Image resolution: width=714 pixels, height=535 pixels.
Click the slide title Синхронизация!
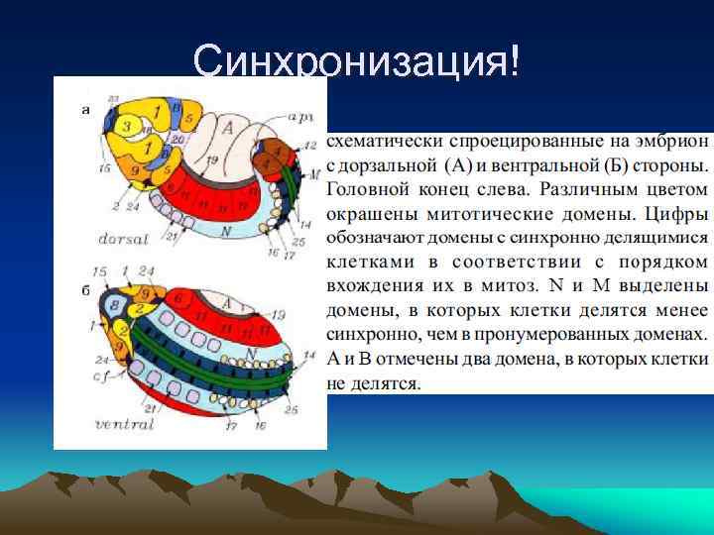(x=356, y=62)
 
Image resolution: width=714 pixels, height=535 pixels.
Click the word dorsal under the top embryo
(x=125, y=239)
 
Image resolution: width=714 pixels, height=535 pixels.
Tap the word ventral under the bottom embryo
(x=124, y=424)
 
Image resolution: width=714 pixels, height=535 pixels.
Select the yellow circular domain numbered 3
(x=126, y=126)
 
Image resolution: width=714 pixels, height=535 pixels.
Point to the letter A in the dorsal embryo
(x=227, y=127)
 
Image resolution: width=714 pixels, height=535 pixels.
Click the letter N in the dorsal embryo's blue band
(x=226, y=230)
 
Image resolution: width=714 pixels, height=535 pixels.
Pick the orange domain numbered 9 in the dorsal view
(x=136, y=170)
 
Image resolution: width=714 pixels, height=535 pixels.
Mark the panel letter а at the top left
(x=85, y=110)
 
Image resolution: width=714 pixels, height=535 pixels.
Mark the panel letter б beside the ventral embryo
(x=85, y=291)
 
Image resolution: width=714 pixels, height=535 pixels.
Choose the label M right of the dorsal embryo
(x=314, y=174)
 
